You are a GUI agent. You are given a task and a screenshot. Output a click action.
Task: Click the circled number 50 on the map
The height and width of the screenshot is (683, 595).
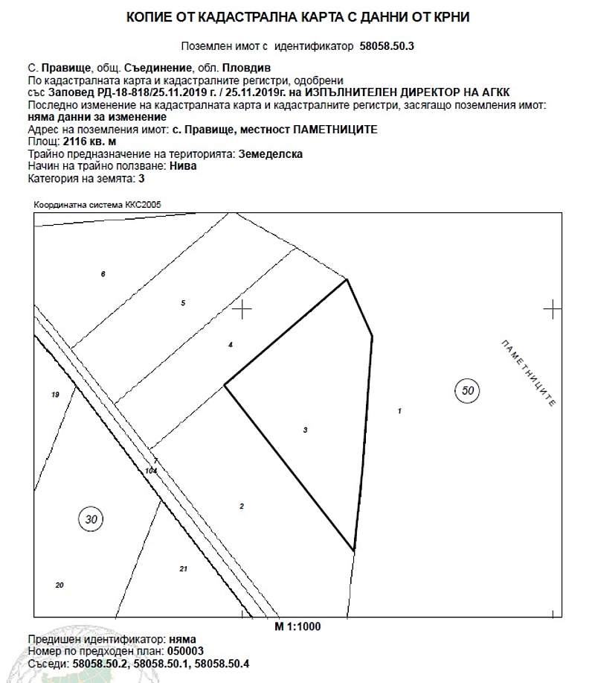tap(467, 390)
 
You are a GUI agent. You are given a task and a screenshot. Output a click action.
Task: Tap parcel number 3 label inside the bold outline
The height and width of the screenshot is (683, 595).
tap(306, 430)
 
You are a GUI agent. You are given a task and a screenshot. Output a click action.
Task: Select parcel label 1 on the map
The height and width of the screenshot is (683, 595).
tap(400, 411)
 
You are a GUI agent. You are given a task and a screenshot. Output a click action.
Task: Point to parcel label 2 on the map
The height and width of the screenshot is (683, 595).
tap(242, 506)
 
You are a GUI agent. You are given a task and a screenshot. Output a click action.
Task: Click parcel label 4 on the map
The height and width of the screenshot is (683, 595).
tap(231, 344)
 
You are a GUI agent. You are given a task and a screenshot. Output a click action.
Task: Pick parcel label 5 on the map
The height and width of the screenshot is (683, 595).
tap(182, 302)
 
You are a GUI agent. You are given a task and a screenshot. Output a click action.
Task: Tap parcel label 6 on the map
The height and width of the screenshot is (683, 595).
tap(103, 275)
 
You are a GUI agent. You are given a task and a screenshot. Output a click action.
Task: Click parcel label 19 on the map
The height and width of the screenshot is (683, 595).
tap(55, 395)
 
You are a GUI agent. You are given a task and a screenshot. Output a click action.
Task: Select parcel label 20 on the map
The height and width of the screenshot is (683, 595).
tap(59, 585)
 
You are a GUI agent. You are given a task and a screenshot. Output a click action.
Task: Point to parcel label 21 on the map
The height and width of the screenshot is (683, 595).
tap(183, 569)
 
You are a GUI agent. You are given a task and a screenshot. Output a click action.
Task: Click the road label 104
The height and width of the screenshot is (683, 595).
tap(152, 471)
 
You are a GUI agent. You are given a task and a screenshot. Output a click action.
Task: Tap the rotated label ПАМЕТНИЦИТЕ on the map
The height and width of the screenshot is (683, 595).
tap(529, 372)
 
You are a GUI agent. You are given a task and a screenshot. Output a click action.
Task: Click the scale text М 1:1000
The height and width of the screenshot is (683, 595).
tap(297, 626)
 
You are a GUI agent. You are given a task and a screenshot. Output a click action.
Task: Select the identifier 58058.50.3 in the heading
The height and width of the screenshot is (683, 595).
tap(387, 45)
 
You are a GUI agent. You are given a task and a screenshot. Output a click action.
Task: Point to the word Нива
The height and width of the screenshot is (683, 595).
tap(183, 166)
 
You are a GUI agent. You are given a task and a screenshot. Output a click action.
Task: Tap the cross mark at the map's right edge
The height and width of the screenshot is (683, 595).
tap(552, 308)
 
